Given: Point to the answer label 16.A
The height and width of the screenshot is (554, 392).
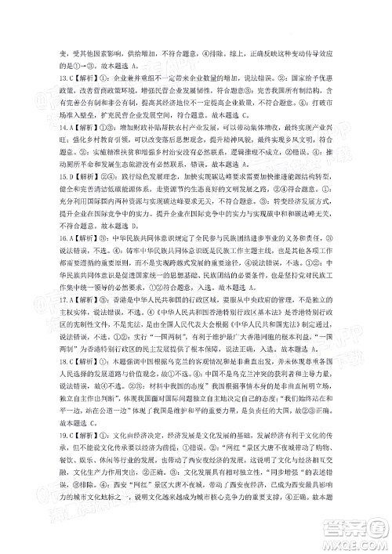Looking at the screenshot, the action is coord(46,255).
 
